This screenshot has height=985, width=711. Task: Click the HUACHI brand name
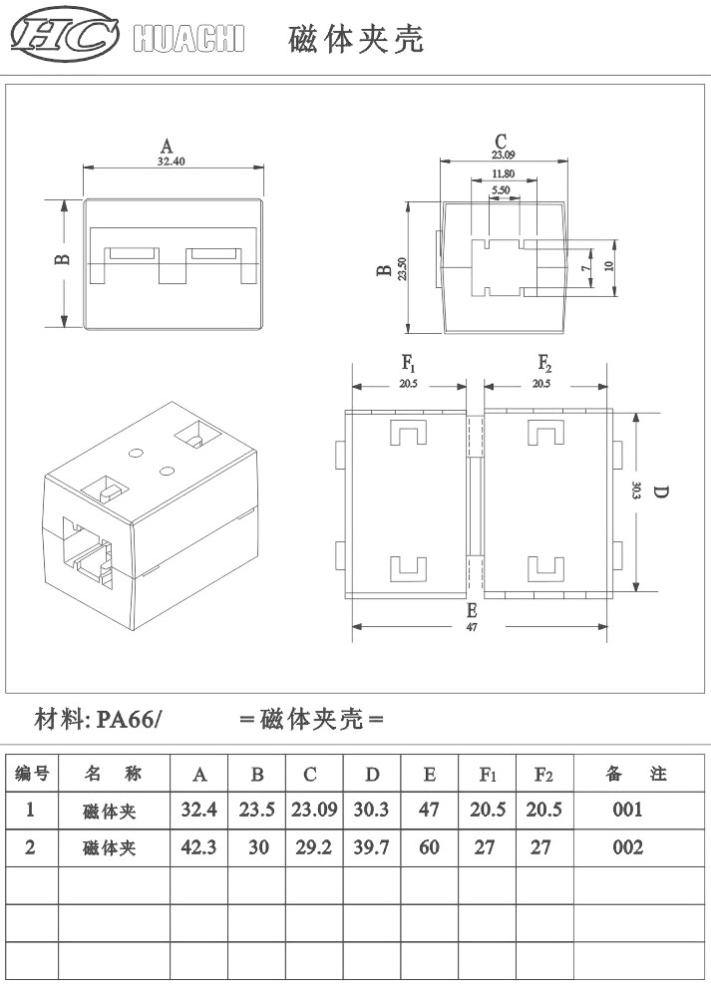pos(188,39)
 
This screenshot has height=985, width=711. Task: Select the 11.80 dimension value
pos(503,173)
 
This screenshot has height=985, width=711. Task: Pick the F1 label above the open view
pos(409,363)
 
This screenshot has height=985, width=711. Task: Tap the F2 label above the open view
pos(544,363)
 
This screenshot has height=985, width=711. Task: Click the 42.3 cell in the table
pos(199,847)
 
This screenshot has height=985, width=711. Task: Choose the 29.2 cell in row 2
pos(315,847)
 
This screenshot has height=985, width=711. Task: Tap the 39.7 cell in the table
pos(372,847)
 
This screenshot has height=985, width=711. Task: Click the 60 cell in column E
pos(430,847)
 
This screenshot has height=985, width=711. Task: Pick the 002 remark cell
pos(628,847)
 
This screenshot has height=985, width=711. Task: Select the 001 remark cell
pos(628,810)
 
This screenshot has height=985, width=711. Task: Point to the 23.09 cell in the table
pos(315,810)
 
